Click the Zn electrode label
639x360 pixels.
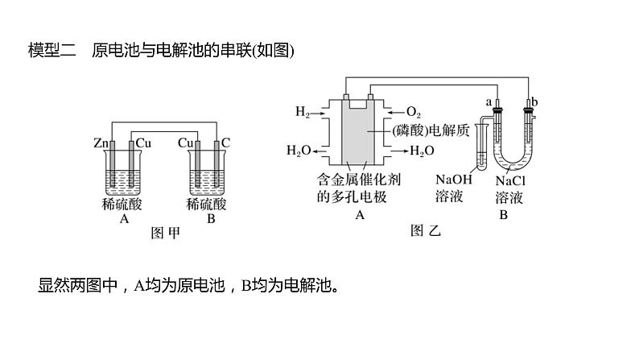tap(101, 143)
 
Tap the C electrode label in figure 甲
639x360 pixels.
tap(226, 143)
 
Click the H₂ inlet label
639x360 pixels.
tap(302, 111)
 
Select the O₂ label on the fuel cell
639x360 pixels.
tap(414, 111)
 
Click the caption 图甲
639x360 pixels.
tap(165, 234)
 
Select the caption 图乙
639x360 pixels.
tap(426, 232)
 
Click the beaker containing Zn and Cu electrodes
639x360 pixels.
tap(125, 173)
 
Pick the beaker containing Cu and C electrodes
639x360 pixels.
tap(205, 173)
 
